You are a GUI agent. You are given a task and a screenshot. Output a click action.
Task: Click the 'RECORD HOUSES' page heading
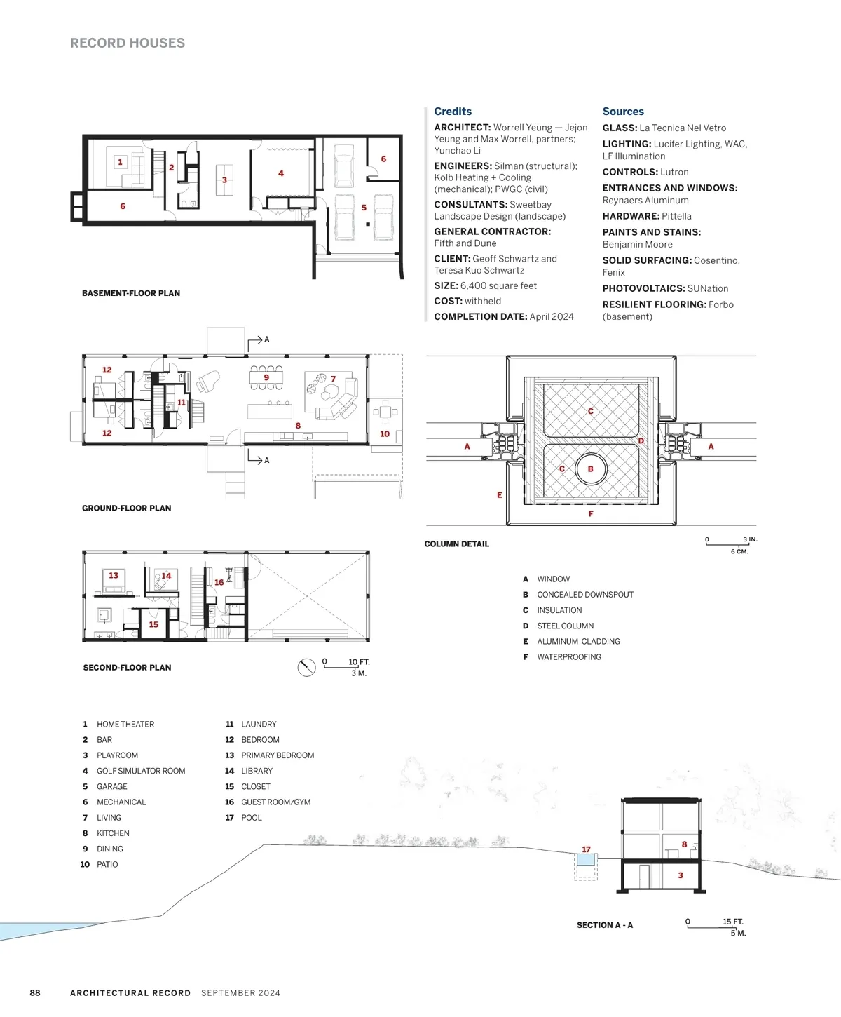[128, 43]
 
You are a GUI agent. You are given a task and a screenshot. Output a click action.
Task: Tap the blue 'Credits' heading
[453, 111]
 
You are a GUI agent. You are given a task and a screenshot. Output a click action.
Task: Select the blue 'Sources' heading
[623, 111]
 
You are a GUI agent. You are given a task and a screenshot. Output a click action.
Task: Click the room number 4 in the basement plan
[281, 173]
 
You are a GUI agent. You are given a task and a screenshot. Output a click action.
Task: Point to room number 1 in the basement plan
[121, 162]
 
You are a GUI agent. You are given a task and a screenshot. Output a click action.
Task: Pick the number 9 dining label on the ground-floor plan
[266, 377]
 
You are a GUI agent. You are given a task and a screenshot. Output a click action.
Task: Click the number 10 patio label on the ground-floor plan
[385, 433]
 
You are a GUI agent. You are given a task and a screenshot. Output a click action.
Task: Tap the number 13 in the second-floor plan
[114, 575]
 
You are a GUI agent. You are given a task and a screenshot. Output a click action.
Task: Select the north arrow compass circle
[307, 667]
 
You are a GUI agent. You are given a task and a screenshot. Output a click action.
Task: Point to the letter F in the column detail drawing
[590, 513]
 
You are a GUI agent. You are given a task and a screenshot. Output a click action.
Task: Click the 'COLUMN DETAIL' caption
[456, 544]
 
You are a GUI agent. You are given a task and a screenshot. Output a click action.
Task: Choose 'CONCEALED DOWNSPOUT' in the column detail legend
[585, 594]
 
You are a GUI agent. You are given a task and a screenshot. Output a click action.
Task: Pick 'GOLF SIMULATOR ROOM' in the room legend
[141, 771]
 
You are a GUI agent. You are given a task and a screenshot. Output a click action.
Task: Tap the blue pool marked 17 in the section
[585, 860]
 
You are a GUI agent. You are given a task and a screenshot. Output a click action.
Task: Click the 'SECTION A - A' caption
[604, 925]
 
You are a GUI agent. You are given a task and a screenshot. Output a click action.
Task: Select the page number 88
[35, 992]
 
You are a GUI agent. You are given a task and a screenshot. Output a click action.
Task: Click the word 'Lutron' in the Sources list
[674, 172]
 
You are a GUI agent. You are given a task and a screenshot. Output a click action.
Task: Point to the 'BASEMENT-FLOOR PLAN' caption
[131, 293]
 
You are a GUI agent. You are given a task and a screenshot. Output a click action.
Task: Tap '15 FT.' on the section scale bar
[733, 922]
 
